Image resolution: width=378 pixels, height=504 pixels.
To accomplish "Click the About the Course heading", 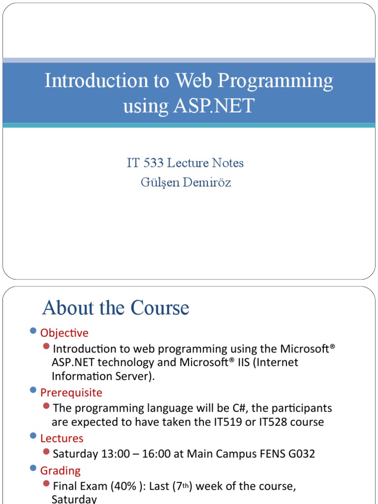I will pos(116,308).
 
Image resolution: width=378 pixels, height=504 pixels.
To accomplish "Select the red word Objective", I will pos(64,333).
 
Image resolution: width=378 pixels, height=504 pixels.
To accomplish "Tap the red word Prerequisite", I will pos(71,393).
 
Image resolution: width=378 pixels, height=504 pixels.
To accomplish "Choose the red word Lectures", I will pos(62,439).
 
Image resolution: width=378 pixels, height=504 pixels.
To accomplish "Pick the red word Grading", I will pos(61,471).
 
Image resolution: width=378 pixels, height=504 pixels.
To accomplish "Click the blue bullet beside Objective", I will pos(33,331).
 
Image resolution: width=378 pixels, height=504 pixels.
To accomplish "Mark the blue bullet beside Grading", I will pos(33,469).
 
